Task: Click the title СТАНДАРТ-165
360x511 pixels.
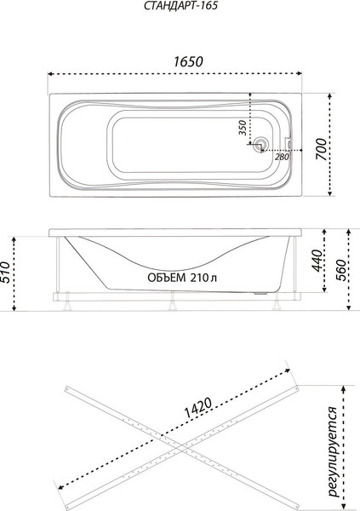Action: pyautogui.click(x=180, y=6)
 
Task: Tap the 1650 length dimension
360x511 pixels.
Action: pyautogui.click(x=188, y=61)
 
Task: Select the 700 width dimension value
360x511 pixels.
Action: pyautogui.click(x=321, y=149)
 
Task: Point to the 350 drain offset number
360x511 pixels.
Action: pyautogui.click(x=242, y=128)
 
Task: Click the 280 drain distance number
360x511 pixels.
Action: pyautogui.click(x=282, y=157)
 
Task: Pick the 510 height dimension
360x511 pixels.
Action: pyautogui.click(x=5, y=272)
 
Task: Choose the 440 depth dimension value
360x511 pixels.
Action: pyautogui.click(x=316, y=261)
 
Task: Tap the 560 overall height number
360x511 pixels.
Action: pyautogui.click(x=340, y=271)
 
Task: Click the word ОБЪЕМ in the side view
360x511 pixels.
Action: pyautogui.click(x=167, y=278)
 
